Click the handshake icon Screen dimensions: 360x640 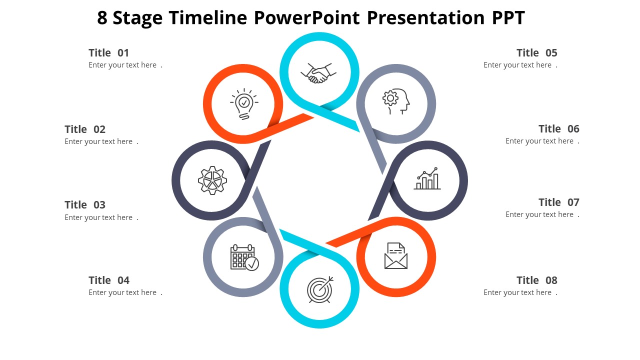(316, 73)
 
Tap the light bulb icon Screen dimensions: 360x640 (244, 104)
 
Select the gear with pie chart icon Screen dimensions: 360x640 (212, 180)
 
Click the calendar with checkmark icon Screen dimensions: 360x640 (244, 257)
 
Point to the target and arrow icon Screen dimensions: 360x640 (320, 289)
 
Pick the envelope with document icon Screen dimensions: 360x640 (396, 255)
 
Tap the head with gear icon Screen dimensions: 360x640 (396, 102)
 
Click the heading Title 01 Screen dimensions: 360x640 (109, 53)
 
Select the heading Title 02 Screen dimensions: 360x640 (85, 129)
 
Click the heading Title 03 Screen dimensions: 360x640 (85, 205)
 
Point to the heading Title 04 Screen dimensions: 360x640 (109, 280)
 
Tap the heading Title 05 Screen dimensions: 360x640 (536, 53)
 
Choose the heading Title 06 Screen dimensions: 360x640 (558, 129)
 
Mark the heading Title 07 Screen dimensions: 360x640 (558, 202)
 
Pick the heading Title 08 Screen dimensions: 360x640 (536, 280)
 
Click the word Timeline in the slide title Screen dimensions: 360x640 (208, 18)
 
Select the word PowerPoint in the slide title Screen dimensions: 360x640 (306, 18)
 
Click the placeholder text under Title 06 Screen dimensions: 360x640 (539, 141)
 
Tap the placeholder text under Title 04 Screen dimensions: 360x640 (123, 292)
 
